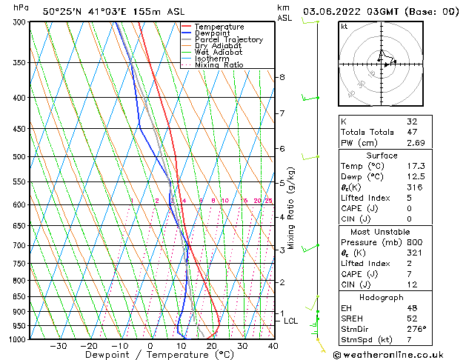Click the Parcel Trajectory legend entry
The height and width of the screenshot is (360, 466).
(x=228, y=40)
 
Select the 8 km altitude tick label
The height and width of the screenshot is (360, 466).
(x=282, y=77)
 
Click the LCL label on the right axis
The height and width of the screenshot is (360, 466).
(x=290, y=321)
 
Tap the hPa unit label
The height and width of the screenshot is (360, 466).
(x=21, y=7)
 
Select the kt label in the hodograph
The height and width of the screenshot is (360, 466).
(x=344, y=26)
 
